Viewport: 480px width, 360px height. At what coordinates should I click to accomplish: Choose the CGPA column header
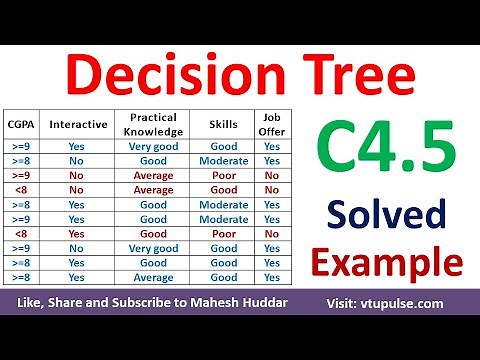[20, 126]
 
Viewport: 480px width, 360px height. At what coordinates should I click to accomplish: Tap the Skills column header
[224, 126]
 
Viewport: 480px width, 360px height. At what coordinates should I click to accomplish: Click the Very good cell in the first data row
[153, 146]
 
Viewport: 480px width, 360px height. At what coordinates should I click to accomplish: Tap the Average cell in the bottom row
[153, 277]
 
